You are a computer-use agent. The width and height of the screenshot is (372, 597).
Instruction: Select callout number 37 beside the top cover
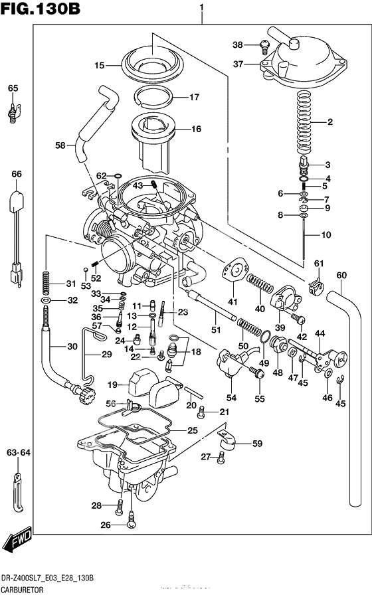[x=238, y=64]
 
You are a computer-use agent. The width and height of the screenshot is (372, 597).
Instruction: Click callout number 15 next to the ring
[x=100, y=65]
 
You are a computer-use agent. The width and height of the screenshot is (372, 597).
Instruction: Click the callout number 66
[x=16, y=174]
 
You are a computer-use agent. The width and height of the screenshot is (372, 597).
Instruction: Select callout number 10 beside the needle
[x=325, y=235]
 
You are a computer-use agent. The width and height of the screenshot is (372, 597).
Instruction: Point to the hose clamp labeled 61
[x=317, y=288]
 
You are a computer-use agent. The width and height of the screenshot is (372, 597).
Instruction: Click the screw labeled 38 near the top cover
[x=264, y=46]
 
